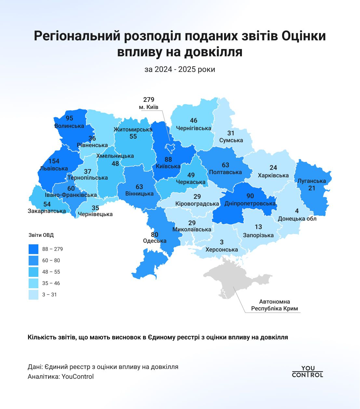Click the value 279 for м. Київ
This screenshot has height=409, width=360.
149,100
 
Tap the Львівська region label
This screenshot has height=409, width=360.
54,169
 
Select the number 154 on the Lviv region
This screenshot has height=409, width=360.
54,161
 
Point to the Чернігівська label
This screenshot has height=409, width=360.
193,128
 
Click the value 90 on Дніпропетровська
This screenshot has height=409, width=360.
250,196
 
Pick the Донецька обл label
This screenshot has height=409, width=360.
297,219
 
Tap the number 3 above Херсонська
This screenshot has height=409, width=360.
222,242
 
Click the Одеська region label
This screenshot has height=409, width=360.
154,241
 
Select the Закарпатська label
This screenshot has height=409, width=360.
47,211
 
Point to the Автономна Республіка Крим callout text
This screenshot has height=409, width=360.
274,305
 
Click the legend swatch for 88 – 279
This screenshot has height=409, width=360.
33,249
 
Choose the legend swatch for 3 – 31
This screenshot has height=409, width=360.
33,295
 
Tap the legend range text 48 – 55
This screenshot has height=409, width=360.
51,272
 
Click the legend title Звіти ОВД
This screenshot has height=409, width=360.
41,235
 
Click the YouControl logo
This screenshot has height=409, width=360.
307,371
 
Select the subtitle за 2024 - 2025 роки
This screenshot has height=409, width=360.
180,70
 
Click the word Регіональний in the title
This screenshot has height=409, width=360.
77,36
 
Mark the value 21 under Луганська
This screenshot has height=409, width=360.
312,188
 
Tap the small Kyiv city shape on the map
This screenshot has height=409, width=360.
169,148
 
